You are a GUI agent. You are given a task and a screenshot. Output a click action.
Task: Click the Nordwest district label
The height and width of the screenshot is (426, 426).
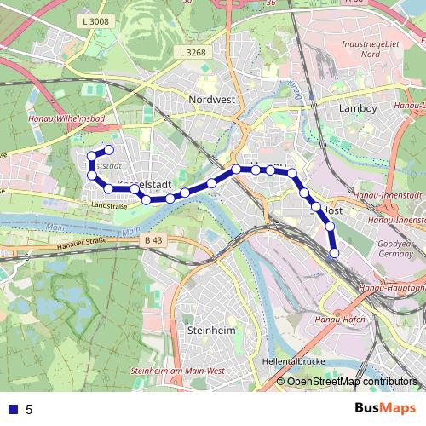coord(211,100)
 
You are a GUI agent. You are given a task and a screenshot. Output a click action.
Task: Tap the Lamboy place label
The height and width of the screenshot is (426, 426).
coord(358,108)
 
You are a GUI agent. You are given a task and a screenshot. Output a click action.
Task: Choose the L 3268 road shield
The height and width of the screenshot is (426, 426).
coord(194,52)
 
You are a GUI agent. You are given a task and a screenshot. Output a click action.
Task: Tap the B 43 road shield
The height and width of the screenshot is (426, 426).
coord(154,240)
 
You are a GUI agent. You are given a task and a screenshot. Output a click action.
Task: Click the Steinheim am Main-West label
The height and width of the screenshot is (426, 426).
coord(178,371)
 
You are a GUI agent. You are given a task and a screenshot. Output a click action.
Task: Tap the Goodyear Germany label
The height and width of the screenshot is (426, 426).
coord(394,249)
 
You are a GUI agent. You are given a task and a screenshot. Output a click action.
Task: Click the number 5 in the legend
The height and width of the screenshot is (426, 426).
coord(29,410)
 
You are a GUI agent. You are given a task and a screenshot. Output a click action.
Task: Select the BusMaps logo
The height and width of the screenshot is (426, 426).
coord(386,408)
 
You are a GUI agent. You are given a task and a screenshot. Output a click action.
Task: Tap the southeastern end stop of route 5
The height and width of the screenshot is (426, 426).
coord(335,253)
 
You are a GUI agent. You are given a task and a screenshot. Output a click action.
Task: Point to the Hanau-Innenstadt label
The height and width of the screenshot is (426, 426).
coord(394,220)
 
